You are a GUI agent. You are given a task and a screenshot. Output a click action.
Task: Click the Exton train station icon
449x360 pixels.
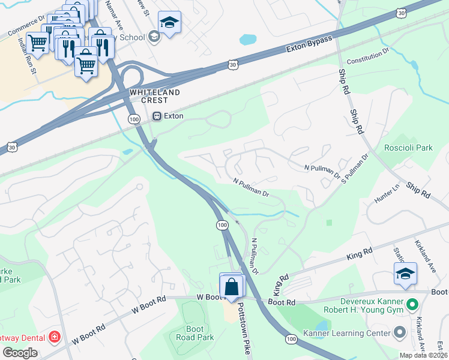(x=157, y=116)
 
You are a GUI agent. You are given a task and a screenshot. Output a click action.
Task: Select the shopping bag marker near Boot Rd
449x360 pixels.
(x=232, y=287)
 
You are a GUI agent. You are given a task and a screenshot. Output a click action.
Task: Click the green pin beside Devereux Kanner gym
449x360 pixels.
(x=412, y=305)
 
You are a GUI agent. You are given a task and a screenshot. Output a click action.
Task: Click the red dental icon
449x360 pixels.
(x=55, y=337)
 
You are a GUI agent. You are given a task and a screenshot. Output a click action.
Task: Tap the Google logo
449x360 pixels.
(x=20, y=353)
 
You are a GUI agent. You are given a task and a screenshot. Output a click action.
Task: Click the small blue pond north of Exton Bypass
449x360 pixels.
(x=247, y=40)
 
